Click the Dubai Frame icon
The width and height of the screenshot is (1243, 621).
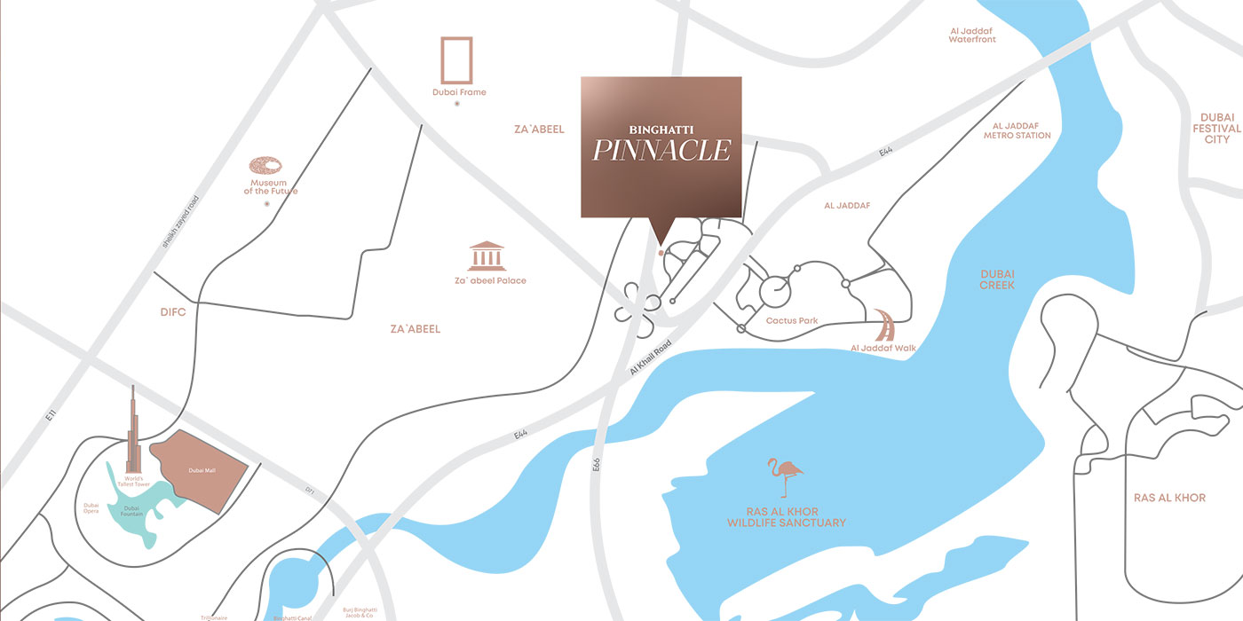click(457, 60)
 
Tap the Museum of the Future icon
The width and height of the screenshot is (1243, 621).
click(266, 166)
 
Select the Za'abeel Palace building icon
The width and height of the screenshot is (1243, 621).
click(487, 255)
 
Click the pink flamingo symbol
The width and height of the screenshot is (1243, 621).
click(786, 477)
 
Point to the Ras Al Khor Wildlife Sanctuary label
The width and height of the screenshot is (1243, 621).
click(786, 517)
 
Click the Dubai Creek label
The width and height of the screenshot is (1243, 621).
click(997, 279)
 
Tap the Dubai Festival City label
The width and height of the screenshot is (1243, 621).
click(1217, 129)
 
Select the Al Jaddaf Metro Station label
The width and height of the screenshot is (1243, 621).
click(1017, 130)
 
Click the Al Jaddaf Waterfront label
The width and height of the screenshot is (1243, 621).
click(972, 35)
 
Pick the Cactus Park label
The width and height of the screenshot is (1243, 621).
click(792, 320)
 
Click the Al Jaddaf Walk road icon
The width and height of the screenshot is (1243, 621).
click(884, 326)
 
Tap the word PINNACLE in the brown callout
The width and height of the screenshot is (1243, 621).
click(661, 151)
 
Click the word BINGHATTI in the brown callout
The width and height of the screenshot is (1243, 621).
click(661, 126)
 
